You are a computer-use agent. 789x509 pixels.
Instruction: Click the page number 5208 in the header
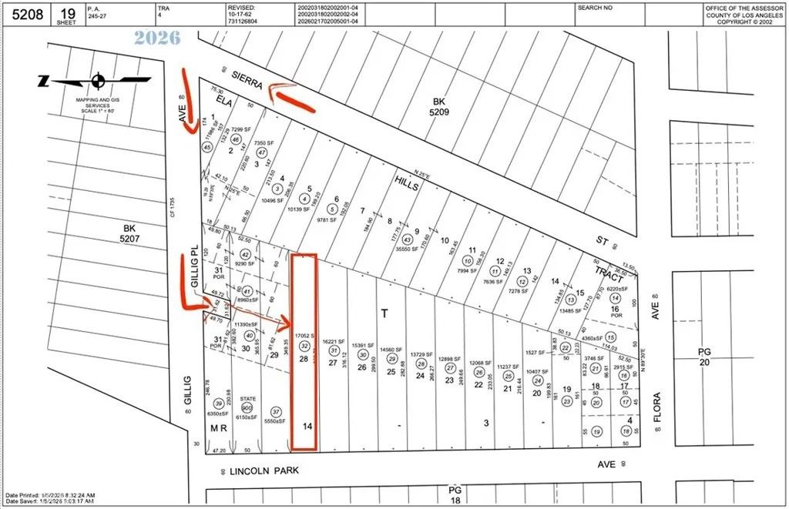point(23,13)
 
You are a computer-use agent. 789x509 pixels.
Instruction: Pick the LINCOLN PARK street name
point(264,469)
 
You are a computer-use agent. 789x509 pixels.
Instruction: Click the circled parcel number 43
point(407,239)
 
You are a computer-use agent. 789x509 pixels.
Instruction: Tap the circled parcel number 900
point(247,408)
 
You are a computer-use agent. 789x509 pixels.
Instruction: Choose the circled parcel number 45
point(206,147)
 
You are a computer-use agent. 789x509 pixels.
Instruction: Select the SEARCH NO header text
point(595,8)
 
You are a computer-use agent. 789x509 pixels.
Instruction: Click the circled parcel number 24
point(538,380)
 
